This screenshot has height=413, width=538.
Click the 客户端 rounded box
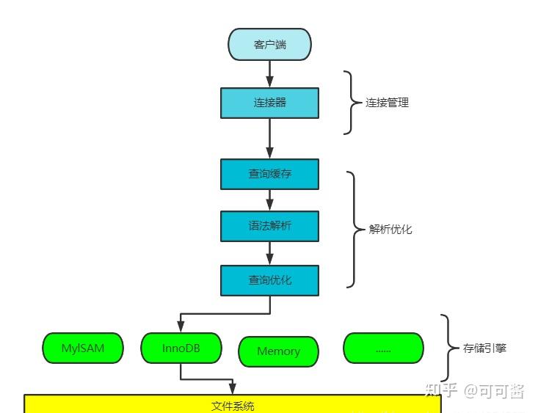point(269,45)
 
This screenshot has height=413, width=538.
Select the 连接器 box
point(269,103)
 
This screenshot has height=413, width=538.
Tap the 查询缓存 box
point(269,174)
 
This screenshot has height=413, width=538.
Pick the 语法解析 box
point(269,226)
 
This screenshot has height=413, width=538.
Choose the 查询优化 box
point(269,280)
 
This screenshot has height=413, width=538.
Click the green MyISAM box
point(83,348)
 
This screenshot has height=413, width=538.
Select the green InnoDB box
point(181,348)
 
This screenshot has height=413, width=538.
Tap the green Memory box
point(279,351)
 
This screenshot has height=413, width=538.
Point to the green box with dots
point(384,348)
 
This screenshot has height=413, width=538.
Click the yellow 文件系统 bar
point(233,404)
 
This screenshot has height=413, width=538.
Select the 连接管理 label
point(387,103)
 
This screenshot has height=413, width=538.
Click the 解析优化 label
point(390,229)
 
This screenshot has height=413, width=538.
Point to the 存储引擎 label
point(484,348)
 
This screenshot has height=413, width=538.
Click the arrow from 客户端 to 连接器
point(269,74)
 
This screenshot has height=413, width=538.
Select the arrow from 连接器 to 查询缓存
point(269,139)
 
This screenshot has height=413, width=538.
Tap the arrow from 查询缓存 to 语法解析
point(269,200)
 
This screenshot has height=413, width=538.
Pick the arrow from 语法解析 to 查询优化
point(269,254)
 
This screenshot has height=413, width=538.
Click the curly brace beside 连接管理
point(352,103)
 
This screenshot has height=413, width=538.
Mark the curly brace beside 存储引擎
point(448,348)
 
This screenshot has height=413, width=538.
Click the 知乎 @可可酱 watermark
point(475,390)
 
